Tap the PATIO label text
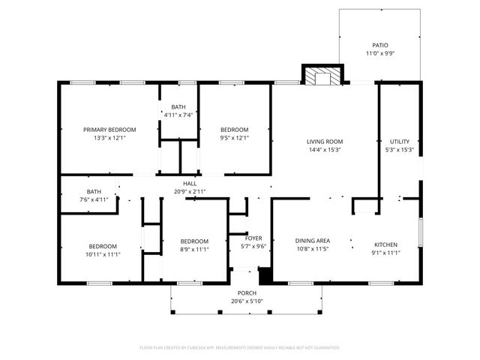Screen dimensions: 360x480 [x=380, y=45]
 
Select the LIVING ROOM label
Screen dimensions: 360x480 [x=324, y=141]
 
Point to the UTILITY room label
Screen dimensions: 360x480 [x=399, y=141]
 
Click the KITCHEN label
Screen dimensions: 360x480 [x=386, y=244]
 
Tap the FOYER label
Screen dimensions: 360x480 [x=253, y=238]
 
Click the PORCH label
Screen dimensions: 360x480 [x=247, y=293]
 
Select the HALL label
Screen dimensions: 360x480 [x=189, y=184]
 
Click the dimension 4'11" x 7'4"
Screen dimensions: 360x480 [x=178, y=115]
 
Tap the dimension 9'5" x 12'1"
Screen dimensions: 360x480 [x=234, y=138]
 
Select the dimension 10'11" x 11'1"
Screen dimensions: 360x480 [x=103, y=254]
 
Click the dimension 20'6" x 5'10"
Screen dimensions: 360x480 [x=247, y=301]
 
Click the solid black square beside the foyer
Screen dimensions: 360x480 [x=263, y=274]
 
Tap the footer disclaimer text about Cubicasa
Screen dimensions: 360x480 [x=240, y=347]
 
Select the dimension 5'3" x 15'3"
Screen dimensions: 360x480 [x=399, y=149]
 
